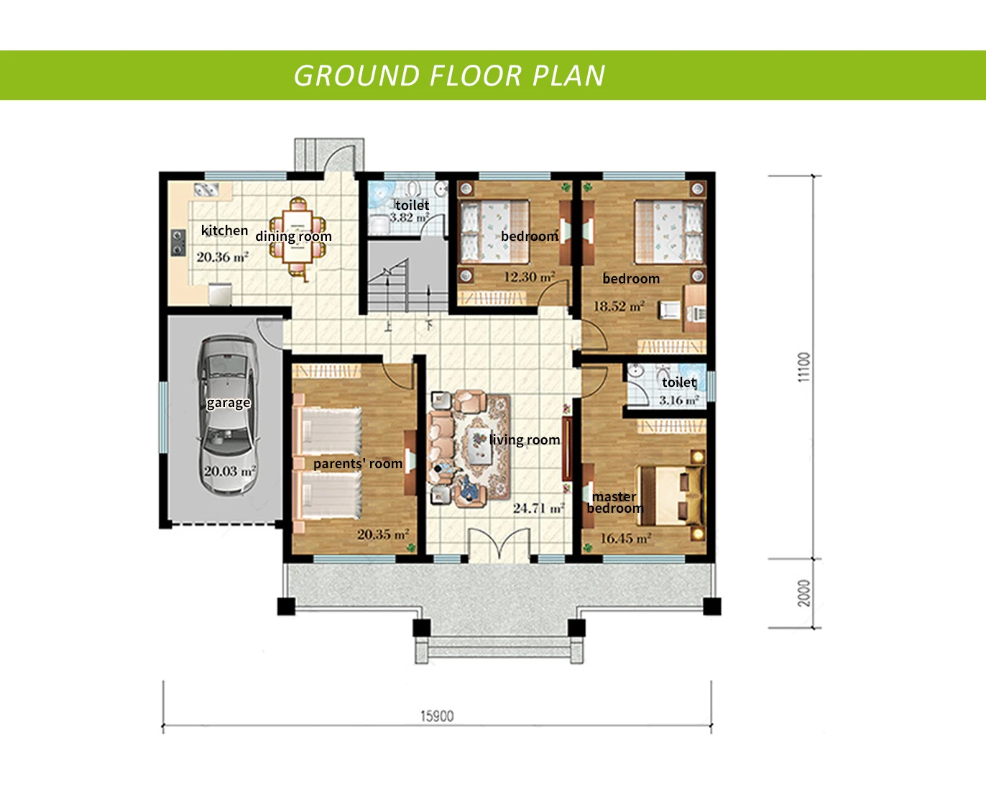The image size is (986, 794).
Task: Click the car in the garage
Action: pos(227,416)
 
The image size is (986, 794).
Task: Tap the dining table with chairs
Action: pos(298,239)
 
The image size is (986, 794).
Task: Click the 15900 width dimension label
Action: pos(437,716)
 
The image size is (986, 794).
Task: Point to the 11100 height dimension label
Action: pos(803,367)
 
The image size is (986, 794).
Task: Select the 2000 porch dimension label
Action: pos(803,593)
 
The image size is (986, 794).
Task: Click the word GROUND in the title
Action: pos(356,76)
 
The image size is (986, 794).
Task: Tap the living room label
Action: pos(525,440)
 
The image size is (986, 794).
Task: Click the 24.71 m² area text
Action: pos(539,508)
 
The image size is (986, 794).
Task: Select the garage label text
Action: pos(228,403)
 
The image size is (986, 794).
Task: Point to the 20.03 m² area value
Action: pos(230,471)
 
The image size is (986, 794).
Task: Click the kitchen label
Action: pos(224,230)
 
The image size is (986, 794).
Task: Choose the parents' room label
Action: pos(358,464)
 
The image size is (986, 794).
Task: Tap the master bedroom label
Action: pos(615,502)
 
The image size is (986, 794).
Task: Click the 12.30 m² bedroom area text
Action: pos(530,277)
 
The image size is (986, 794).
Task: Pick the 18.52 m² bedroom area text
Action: pos(619,306)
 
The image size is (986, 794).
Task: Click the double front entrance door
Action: pos(499,546)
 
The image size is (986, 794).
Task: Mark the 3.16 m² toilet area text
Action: pos(679,401)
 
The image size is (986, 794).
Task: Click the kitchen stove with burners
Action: pos(178,242)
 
